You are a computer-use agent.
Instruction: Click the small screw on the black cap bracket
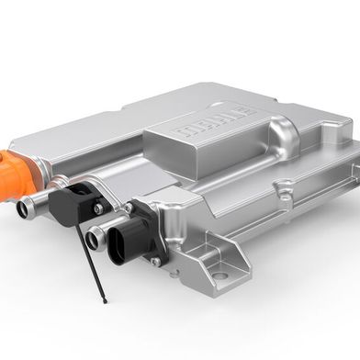(x=96, y=208)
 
